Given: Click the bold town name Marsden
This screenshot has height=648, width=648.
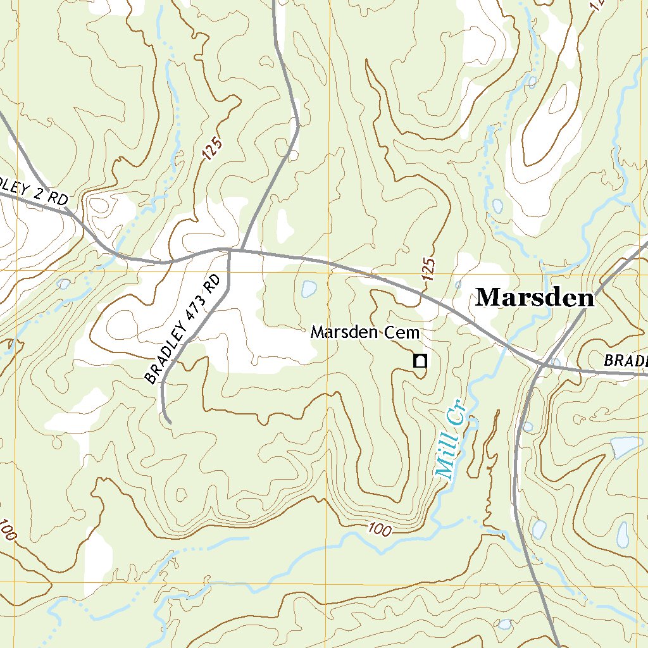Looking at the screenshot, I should (x=535, y=297).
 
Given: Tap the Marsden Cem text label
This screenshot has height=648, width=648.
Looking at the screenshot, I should (x=365, y=333).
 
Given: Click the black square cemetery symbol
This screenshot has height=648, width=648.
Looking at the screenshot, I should (x=420, y=361).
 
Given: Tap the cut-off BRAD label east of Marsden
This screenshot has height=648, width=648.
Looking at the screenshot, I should (x=625, y=361).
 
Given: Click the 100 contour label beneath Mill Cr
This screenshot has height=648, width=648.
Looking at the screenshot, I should (x=378, y=530).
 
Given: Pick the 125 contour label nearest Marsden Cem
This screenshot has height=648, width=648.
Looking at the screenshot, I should (x=428, y=270).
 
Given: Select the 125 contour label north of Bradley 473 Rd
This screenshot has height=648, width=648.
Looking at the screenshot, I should (x=213, y=151).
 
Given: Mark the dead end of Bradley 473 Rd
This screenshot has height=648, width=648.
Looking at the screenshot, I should (x=170, y=421).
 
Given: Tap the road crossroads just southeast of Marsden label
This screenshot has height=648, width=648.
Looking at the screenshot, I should (x=542, y=364).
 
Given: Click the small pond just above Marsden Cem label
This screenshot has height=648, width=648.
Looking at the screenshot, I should (x=309, y=289).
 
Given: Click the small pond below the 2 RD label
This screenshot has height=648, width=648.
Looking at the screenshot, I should (x=63, y=284).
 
